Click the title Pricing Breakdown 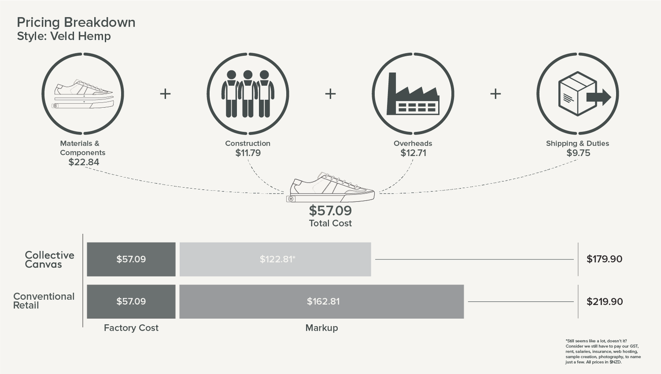[x=76, y=22]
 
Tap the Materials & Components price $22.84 [x=84, y=162]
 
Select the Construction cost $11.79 [x=248, y=153]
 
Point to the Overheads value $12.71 [x=413, y=153]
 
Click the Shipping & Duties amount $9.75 [x=578, y=153]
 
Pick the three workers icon [x=248, y=94]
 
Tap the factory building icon [x=413, y=94]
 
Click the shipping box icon [x=585, y=94]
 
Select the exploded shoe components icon [x=84, y=94]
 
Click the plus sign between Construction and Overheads [x=330, y=94]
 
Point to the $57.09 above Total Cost [x=330, y=211]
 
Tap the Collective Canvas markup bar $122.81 [x=275, y=259]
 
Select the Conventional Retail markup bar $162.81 [x=322, y=301]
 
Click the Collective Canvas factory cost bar [x=131, y=259]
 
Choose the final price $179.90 [x=604, y=259]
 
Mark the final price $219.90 [x=605, y=301]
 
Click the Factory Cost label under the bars [x=131, y=328]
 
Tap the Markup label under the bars [x=322, y=328]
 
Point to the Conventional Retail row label [x=43, y=300]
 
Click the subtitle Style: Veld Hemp [x=64, y=36]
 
